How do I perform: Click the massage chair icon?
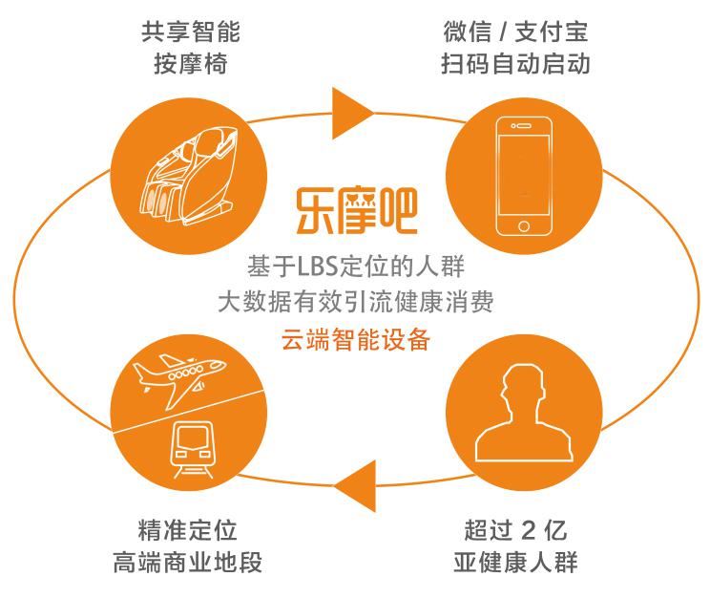pos(189,176)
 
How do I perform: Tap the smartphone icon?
pos(524,176)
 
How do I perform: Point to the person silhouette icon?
pos(524,413)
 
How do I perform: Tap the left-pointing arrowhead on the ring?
pos(355,486)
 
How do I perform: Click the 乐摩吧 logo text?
pos(356,211)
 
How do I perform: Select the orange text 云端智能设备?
pos(355,339)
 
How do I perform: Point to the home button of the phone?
pos(524,225)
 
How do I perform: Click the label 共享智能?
pos(190,32)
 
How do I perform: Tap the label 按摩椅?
pos(190,63)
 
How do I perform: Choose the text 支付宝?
pos(551,32)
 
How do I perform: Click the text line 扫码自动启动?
pos(515,63)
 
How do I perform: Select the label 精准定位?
pos(187,529)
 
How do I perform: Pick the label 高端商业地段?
pos(187,562)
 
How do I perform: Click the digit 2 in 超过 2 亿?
pos(529,530)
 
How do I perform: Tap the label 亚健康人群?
pos(515,562)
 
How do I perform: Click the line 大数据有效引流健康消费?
pos(355,302)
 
